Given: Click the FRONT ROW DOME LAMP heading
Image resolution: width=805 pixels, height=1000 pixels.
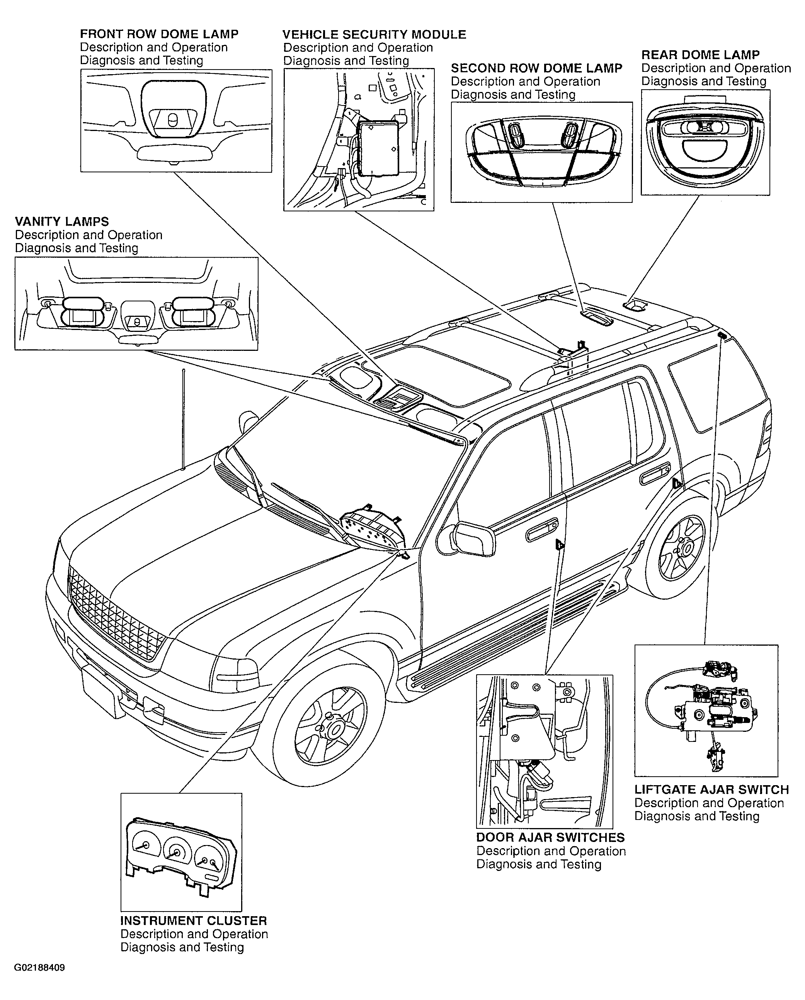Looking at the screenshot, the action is point(159,34).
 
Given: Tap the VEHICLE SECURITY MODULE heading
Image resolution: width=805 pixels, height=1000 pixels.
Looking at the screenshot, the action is point(374,35).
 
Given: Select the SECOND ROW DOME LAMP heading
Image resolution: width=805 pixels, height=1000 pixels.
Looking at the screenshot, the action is point(536,68).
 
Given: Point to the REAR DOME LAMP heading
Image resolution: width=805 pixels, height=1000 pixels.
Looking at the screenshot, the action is point(701,55).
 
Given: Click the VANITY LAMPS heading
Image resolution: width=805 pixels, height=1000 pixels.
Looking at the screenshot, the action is point(62,222).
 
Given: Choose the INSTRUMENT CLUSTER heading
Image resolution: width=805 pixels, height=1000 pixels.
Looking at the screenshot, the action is point(194,921).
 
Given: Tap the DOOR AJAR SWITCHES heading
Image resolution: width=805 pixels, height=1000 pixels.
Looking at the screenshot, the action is point(550,838).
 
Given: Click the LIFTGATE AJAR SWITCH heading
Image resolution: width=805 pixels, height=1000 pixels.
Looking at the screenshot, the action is point(712,790).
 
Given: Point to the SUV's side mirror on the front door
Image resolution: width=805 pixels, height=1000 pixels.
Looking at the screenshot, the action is point(472,538).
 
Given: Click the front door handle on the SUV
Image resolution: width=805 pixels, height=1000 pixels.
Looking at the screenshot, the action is point(542,529).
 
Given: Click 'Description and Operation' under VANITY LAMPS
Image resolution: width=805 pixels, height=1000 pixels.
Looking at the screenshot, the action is point(88,235).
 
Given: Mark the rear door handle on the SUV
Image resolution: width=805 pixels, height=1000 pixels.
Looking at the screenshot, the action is point(655,474).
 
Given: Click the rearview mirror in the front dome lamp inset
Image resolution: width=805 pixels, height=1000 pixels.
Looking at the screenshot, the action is point(174,153).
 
